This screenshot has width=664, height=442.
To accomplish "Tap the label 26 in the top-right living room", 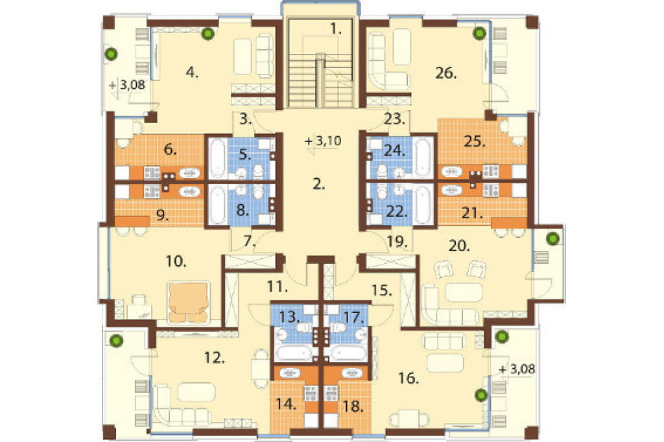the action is (x=446, y=73).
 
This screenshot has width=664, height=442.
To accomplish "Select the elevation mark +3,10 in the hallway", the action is (x=323, y=141).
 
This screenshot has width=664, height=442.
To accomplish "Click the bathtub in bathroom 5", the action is (x=217, y=159).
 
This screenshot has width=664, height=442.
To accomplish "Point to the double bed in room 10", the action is (x=187, y=302).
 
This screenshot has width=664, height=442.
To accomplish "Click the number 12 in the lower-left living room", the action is (x=214, y=358).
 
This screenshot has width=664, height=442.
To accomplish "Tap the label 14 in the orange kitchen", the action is (x=286, y=404).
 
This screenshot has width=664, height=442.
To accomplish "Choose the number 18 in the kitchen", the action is (x=353, y=407).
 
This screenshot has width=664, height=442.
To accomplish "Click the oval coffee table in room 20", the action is (x=463, y=292).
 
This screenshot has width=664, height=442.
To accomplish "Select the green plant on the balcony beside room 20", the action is (x=552, y=239).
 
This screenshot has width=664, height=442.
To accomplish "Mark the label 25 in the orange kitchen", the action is (x=474, y=141).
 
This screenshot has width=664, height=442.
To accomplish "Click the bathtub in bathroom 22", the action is (x=423, y=204).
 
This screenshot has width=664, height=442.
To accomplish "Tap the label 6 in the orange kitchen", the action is (x=171, y=150).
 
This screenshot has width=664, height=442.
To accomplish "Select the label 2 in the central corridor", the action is (x=319, y=184).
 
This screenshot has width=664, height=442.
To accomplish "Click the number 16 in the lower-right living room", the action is (x=409, y=378).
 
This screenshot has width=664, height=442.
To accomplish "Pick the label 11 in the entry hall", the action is (x=278, y=286).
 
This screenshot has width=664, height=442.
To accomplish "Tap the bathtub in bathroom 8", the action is (x=217, y=204).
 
